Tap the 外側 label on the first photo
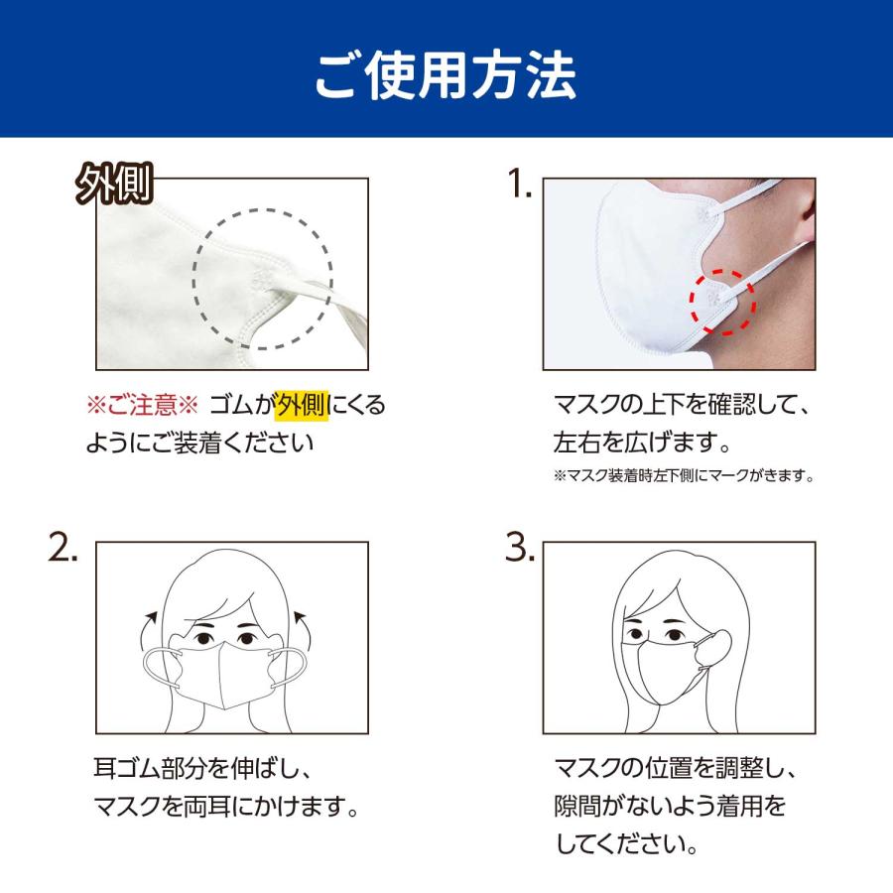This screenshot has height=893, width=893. [112, 186]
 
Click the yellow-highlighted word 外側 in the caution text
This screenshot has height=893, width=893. [302, 405]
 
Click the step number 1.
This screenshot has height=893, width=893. [519, 186]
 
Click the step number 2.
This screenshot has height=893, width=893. [64, 549]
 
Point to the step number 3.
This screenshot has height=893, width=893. [519, 549]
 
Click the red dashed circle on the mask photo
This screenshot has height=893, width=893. [722, 300]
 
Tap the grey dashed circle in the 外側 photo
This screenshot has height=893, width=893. [263, 279]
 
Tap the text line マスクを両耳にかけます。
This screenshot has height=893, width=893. [225, 805]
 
